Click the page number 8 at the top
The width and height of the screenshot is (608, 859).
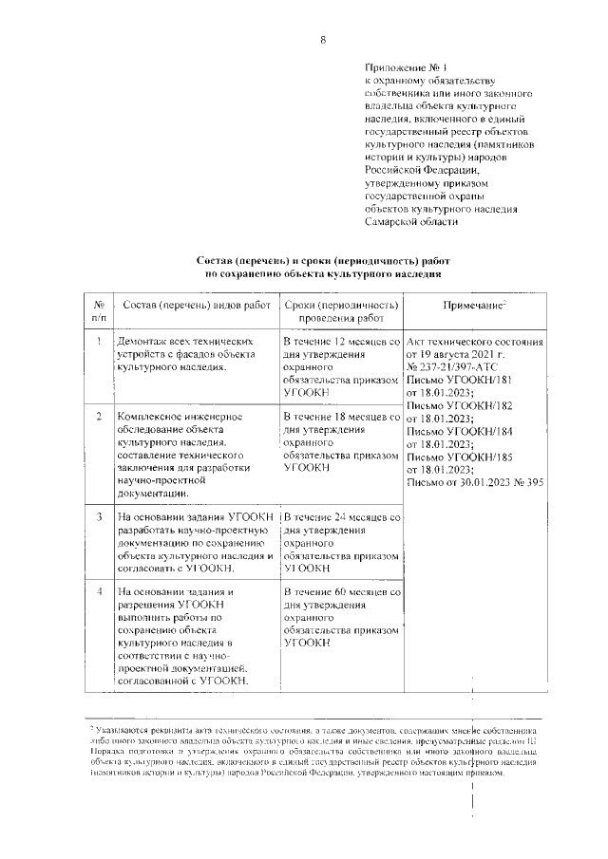click(x=322, y=39)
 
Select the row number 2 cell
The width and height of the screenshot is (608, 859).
click(x=99, y=417)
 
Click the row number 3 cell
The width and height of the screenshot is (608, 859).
click(x=99, y=516)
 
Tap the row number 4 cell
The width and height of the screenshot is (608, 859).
click(x=99, y=592)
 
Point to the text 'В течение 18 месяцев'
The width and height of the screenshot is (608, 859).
click(x=339, y=417)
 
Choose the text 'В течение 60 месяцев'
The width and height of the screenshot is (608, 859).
click(x=339, y=592)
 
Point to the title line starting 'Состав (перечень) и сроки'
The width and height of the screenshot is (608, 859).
click(x=322, y=259)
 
